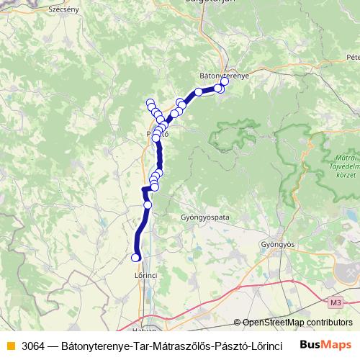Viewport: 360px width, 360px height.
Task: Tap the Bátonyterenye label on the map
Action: (x=224, y=74)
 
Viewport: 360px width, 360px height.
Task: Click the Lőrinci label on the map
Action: (x=145, y=274)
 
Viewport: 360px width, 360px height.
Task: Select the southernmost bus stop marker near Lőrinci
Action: (x=135, y=257)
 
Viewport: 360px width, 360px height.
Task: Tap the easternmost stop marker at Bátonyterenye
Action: (x=225, y=81)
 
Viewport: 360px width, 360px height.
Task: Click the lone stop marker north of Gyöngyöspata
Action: (x=148, y=204)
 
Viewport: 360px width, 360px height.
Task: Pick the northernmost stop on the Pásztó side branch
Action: (x=150, y=103)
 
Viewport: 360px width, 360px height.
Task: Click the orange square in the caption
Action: (x=10, y=346)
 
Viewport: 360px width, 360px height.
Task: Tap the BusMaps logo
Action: (x=325, y=345)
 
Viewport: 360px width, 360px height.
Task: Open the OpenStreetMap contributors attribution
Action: (x=296, y=323)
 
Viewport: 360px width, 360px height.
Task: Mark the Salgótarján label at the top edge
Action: (x=209, y=3)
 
